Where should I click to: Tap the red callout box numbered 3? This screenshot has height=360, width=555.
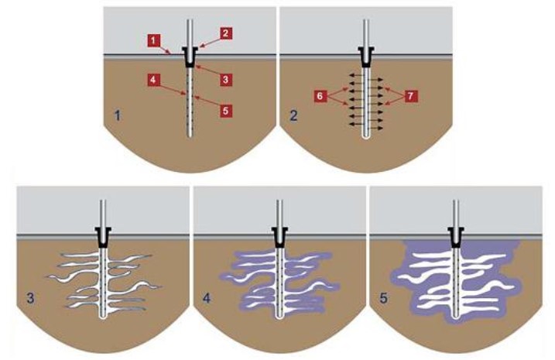(x=226, y=80)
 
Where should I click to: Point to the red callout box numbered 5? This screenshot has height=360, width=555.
(x=226, y=111)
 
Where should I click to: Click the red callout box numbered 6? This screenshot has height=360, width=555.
(x=318, y=96)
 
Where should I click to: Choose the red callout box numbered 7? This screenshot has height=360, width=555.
(x=410, y=96)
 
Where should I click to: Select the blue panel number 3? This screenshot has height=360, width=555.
(x=29, y=297)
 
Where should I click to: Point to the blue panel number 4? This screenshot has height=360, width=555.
(x=207, y=297)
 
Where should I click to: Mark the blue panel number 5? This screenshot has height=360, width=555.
(x=384, y=297)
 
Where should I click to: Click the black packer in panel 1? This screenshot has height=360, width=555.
(x=189, y=57)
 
